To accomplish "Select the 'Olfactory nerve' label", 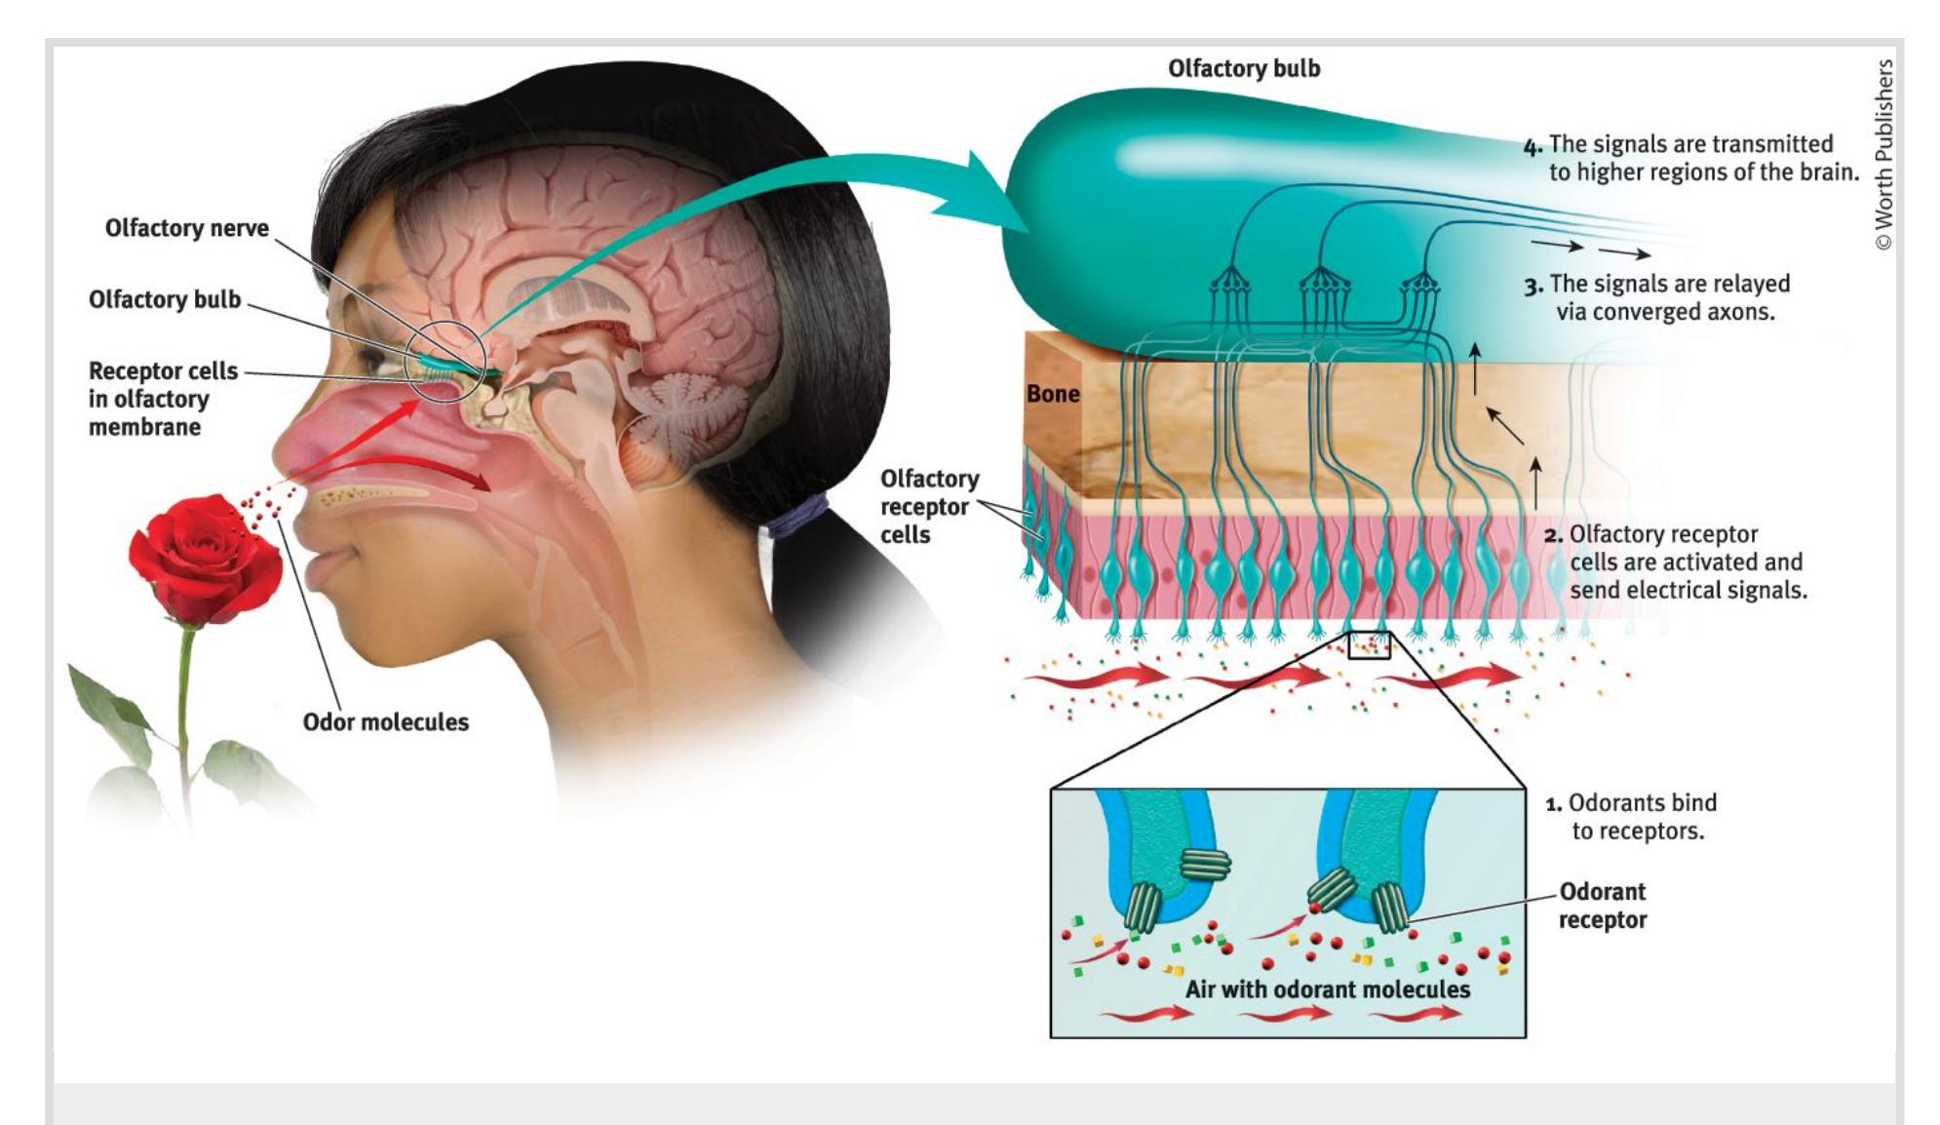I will click(x=186, y=228).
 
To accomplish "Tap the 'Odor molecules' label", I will click(x=385, y=722).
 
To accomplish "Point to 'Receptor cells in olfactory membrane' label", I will click(x=162, y=399).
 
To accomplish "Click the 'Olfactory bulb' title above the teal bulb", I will click(x=1244, y=68).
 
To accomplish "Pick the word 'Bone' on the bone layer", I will click(x=1053, y=394).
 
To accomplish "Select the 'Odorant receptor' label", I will click(x=1602, y=906).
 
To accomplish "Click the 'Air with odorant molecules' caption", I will click(x=1327, y=989).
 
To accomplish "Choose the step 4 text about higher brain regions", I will click(x=1691, y=158).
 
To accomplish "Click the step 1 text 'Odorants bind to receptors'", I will click(x=1633, y=817).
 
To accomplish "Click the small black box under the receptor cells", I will click(x=1369, y=644).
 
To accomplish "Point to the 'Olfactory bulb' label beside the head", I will click(x=164, y=299).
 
